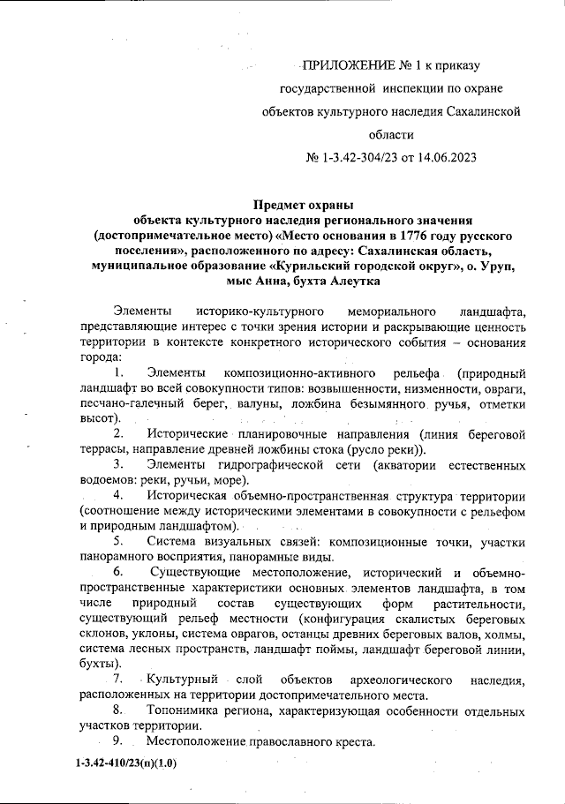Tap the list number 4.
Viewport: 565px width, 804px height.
click(118, 495)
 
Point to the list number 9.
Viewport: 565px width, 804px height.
click(117, 740)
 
